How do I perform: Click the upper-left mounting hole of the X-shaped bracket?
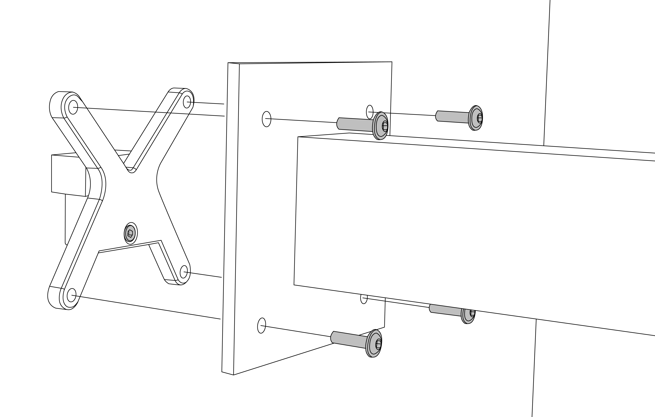pos(73,107)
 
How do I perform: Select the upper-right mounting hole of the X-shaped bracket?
pos(187,102)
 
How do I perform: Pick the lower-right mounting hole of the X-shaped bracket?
pos(184,272)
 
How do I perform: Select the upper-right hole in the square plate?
pos(370,112)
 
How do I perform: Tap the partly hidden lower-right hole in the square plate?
pos(364,299)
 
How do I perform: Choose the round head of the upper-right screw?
pos(475,118)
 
